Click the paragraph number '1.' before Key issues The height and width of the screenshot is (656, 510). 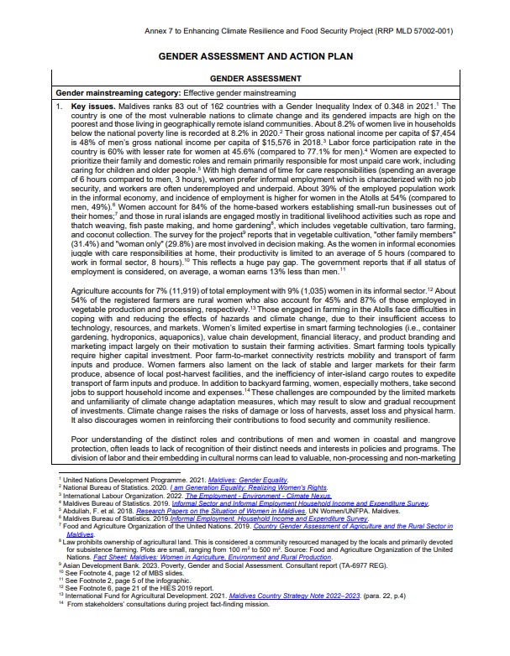tap(59, 107)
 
